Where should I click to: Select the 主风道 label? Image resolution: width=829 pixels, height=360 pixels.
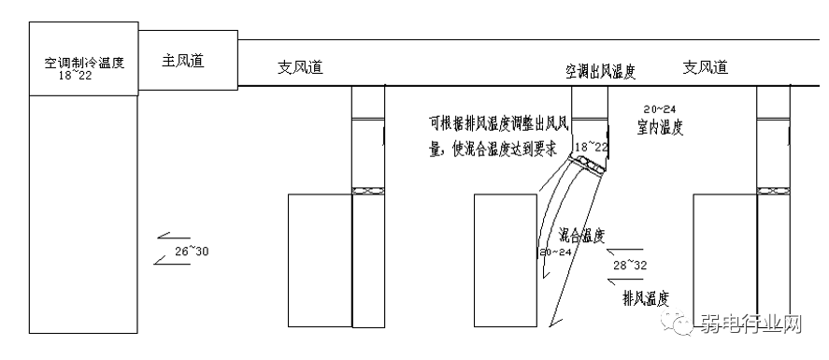pyautogui.click(x=183, y=61)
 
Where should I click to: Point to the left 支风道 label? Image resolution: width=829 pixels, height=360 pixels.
pyautogui.click(x=300, y=67)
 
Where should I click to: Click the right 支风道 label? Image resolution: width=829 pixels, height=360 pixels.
pyautogui.click(x=705, y=67)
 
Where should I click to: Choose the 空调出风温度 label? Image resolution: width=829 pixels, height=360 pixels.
pyautogui.click(x=601, y=70)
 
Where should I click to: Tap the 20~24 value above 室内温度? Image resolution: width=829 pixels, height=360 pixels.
pyautogui.click(x=660, y=109)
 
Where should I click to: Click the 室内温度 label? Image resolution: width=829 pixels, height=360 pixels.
pyautogui.click(x=660, y=127)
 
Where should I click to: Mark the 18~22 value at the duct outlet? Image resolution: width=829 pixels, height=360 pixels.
pyautogui.click(x=591, y=147)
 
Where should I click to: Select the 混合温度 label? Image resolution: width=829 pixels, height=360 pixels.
pyautogui.click(x=580, y=236)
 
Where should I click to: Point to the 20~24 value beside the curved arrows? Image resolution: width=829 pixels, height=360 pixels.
pyautogui.click(x=554, y=252)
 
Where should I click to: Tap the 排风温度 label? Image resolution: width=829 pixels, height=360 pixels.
pyautogui.click(x=646, y=298)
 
